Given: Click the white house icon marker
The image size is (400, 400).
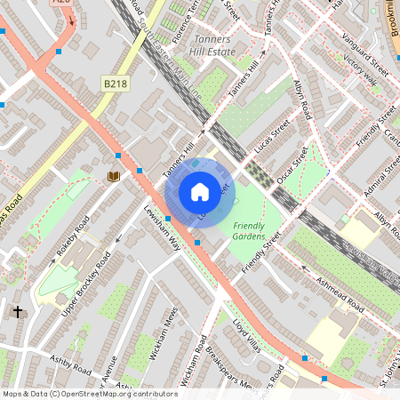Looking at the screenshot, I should point(200,191).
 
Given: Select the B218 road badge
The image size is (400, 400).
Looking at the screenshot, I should point(115,84).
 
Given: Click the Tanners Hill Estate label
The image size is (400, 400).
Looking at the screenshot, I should point(211,45).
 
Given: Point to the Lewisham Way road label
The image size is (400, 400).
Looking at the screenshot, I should point(163,228).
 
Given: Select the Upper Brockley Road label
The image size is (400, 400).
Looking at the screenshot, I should point(86,284).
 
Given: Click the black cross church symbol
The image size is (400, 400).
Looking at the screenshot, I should point(18,312).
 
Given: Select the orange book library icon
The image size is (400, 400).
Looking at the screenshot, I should point(114,176).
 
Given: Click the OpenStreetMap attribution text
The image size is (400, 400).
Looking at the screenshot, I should point(90,393).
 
